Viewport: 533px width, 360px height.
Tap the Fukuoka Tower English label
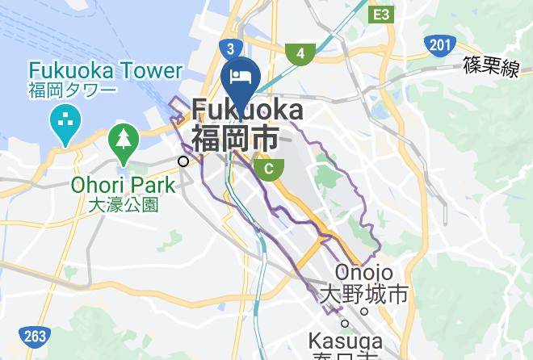(105, 71)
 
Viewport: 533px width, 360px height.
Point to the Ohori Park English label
(123, 186)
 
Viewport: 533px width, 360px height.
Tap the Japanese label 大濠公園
(123, 205)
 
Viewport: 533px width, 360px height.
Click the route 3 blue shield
(231, 48)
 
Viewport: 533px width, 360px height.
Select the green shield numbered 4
(300, 54)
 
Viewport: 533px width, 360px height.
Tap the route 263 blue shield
(35, 336)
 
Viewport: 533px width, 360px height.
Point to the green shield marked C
(269, 168)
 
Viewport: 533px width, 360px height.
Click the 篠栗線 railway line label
(490, 67)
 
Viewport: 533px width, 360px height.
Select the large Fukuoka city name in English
(247, 110)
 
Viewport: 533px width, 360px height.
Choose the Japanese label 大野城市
(364, 293)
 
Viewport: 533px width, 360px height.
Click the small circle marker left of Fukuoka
(183, 161)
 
